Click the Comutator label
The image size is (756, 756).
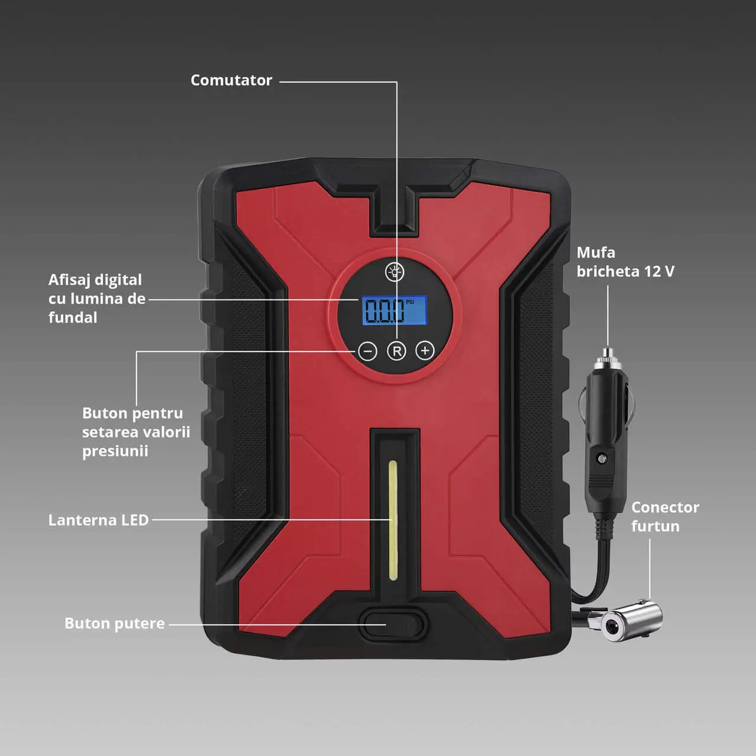231,80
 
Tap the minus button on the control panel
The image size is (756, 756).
367,351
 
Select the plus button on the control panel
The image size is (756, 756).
425,350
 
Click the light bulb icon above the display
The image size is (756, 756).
395,272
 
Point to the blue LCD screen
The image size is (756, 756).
395,310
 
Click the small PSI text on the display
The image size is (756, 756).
410,302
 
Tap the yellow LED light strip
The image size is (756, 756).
392,520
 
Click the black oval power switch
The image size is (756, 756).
393,624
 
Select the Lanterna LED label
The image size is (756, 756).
99,520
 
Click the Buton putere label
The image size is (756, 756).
115,623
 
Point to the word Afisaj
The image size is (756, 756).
70,280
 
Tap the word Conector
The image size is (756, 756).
666,507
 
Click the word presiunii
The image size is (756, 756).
115,451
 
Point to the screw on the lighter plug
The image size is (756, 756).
601,458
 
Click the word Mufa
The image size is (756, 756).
596,252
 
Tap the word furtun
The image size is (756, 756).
656,526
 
